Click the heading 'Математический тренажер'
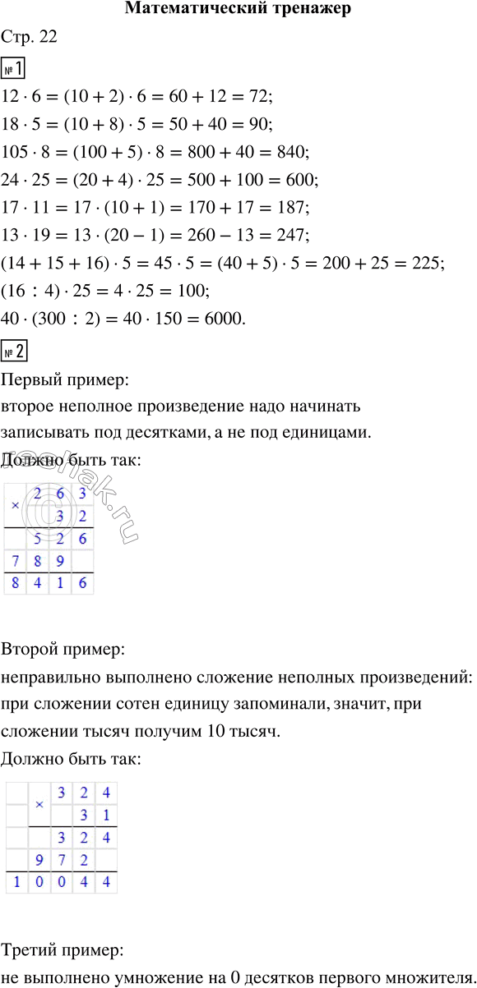[x=238, y=10]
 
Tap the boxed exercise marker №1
[x=15, y=67]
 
